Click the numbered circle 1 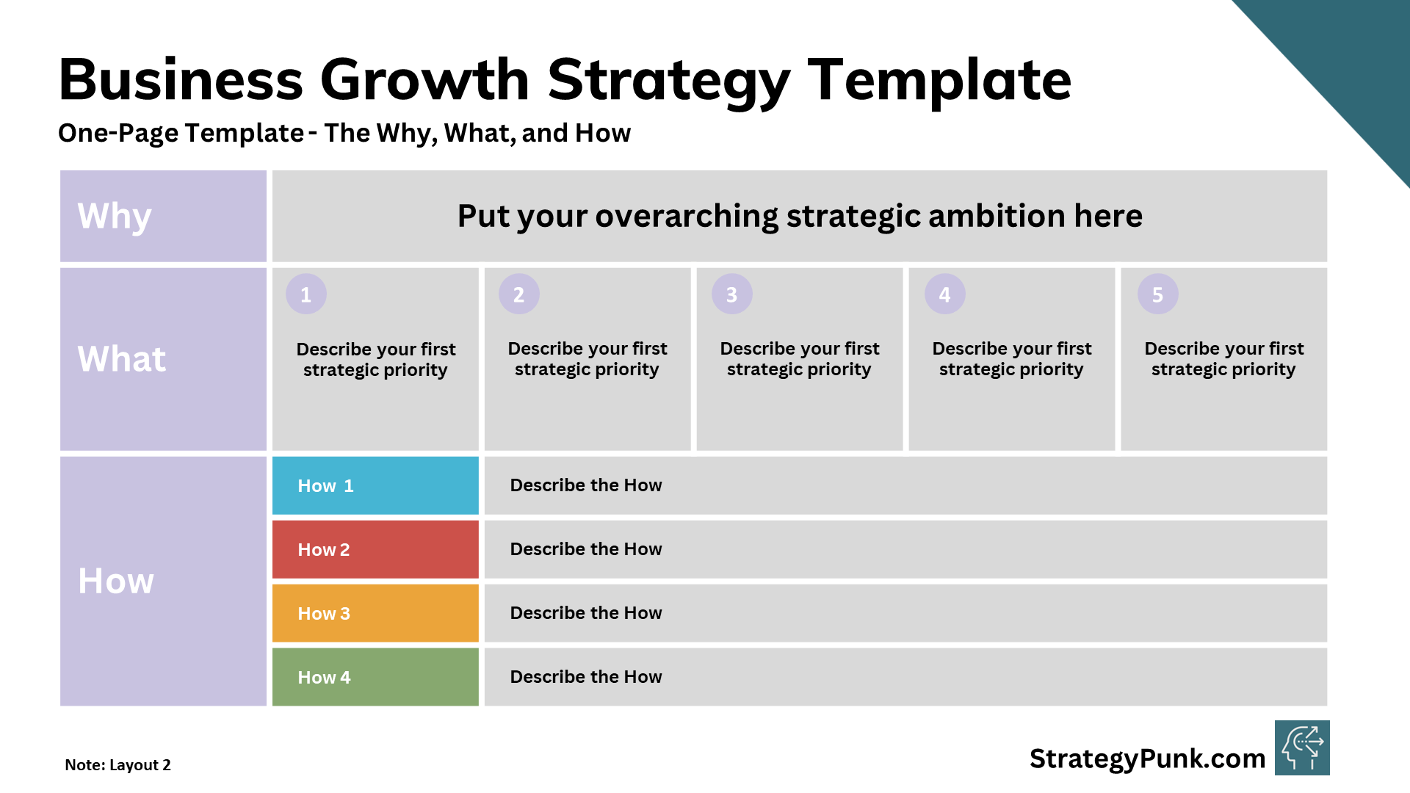tap(306, 294)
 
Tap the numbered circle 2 tap(519, 294)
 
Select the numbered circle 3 tap(732, 294)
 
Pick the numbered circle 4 tap(945, 294)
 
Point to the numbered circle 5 tap(1158, 294)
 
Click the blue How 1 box tap(375, 485)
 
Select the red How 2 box tap(375, 549)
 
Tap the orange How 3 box tap(375, 613)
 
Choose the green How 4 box tap(375, 677)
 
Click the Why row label tap(115, 217)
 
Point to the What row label tap(122, 359)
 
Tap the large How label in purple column tap(116, 581)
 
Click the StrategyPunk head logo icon tap(1302, 748)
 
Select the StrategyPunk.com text tap(1148, 758)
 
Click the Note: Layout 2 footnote tap(117, 765)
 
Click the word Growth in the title tap(424, 79)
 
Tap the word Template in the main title tap(940, 81)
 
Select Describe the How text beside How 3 tap(586, 613)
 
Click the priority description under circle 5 tap(1224, 359)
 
